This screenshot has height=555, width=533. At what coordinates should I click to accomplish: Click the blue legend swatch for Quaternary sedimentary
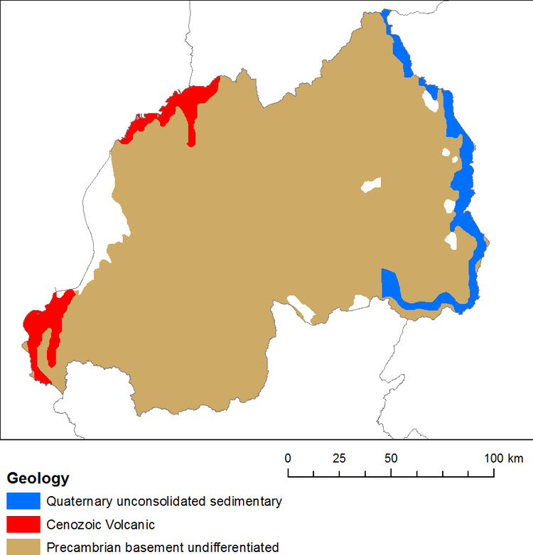(x=23, y=500)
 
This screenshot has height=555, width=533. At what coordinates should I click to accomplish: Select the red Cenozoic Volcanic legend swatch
(x=23, y=524)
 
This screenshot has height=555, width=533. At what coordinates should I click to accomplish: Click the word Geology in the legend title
(x=38, y=478)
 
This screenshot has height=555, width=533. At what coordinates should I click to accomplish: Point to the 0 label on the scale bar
(x=288, y=458)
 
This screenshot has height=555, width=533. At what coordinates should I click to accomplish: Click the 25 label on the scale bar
(x=339, y=458)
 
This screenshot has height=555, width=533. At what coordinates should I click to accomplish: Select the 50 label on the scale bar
(x=391, y=458)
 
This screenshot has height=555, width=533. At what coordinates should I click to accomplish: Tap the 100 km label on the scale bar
(x=503, y=458)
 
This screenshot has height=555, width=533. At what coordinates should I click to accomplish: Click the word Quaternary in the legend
(x=78, y=502)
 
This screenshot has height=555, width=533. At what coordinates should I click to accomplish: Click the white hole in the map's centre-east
(x=370, y=185)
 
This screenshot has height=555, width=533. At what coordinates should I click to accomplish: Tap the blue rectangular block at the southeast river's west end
(x=389, y=282)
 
